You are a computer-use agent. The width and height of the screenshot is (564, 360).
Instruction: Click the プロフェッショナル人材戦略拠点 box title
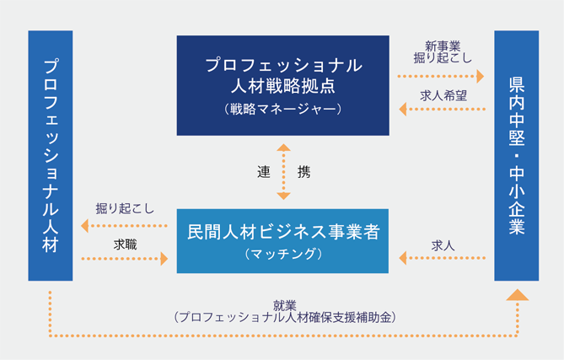pos(283,76)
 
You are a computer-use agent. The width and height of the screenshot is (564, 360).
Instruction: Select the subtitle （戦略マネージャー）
pos(283,109)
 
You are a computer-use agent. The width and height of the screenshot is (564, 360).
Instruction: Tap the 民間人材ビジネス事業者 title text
pos(283,232)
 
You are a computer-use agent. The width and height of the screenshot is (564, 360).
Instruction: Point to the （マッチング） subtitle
pos(283,254)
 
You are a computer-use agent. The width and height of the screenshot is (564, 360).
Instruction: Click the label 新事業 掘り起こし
pos(443,51)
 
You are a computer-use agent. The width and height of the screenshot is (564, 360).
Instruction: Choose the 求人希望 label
pos(443,95)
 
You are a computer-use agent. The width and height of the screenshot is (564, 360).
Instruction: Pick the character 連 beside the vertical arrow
pos(264,172)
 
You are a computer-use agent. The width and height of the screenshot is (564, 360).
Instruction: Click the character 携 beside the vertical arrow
pos(304,172)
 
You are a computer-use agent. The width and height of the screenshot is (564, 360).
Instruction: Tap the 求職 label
pos(125,244)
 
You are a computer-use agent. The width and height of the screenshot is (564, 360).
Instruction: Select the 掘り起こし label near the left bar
pos(125,208)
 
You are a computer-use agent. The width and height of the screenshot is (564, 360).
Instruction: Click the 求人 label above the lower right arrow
pos(443,245)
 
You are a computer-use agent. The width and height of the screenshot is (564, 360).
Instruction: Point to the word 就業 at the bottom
pos(284,305)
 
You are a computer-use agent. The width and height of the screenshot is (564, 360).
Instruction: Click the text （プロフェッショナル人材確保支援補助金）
pos(284,317)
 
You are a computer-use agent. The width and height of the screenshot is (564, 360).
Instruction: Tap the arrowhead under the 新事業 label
pos(481,76)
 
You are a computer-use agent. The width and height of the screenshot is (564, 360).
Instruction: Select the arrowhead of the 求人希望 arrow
pos(402,109)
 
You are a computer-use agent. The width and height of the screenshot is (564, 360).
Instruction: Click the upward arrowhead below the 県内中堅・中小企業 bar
pos(518,295)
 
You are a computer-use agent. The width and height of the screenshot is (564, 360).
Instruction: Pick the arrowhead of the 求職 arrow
pos(164,259)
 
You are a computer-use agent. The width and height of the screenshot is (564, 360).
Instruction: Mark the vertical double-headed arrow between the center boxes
pos(283,172)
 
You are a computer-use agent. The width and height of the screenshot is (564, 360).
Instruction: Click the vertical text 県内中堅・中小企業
pos(517,155)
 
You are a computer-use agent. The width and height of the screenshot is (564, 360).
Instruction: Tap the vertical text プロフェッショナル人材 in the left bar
pos(51,155)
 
